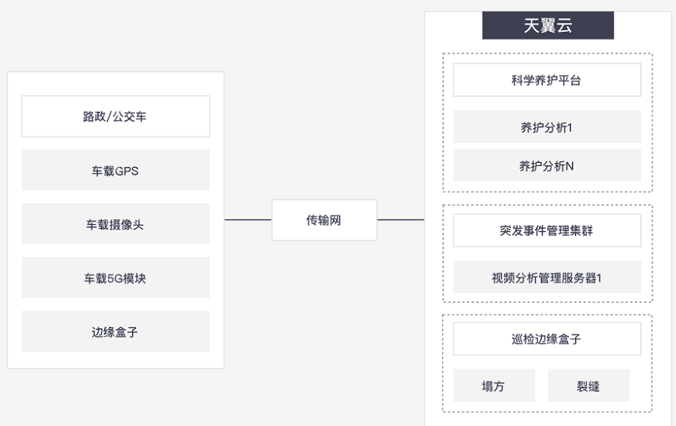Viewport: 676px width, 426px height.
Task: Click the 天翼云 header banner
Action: [x=547, y=25]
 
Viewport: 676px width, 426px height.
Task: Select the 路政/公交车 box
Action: [x=115, y=116]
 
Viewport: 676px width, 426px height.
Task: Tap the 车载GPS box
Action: [x=115, y=170]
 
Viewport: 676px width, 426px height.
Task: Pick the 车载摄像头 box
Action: [x=115, y=224]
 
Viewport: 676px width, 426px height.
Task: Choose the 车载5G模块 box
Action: [x=115, y=278]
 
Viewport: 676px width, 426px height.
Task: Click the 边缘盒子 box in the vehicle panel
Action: [x=115, y=331]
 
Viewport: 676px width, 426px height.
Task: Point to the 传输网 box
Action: [x=324, y=220]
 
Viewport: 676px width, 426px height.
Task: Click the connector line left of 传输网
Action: [x=248, y=219]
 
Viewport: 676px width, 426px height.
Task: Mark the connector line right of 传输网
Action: [x=401, y=219]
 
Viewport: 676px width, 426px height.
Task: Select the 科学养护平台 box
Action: [x=546, y=80]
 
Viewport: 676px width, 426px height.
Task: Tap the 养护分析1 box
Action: [x=546, y=127]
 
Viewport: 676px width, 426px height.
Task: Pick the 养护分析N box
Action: [x=546, y=166]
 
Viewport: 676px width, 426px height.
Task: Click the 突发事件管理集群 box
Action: [x=546, y=230]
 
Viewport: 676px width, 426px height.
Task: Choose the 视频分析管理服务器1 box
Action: [x=546, y=277]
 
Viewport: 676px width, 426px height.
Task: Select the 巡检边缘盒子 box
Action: [x=546, y=339]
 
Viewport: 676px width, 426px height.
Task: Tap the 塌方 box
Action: [x=494, y=385]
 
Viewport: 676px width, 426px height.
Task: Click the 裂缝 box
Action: [x=589, y=385]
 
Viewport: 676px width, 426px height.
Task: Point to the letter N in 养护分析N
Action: [x=569, y=166]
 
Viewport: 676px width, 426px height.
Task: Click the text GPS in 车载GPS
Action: [x=126, y=171]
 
